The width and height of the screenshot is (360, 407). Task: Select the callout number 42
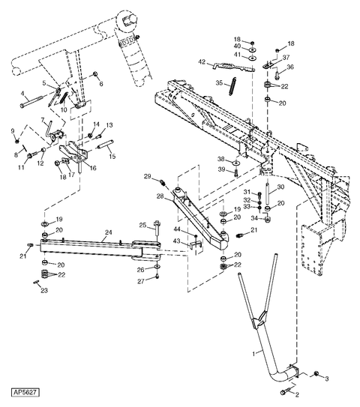[202, 62]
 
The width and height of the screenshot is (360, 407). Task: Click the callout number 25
[142, 225]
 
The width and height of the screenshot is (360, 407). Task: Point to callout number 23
[43, 291]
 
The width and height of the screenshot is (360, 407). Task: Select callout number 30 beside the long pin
[280, 187]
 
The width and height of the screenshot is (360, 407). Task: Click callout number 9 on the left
[13, 131]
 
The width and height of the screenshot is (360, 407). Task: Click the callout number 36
[292, 67]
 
